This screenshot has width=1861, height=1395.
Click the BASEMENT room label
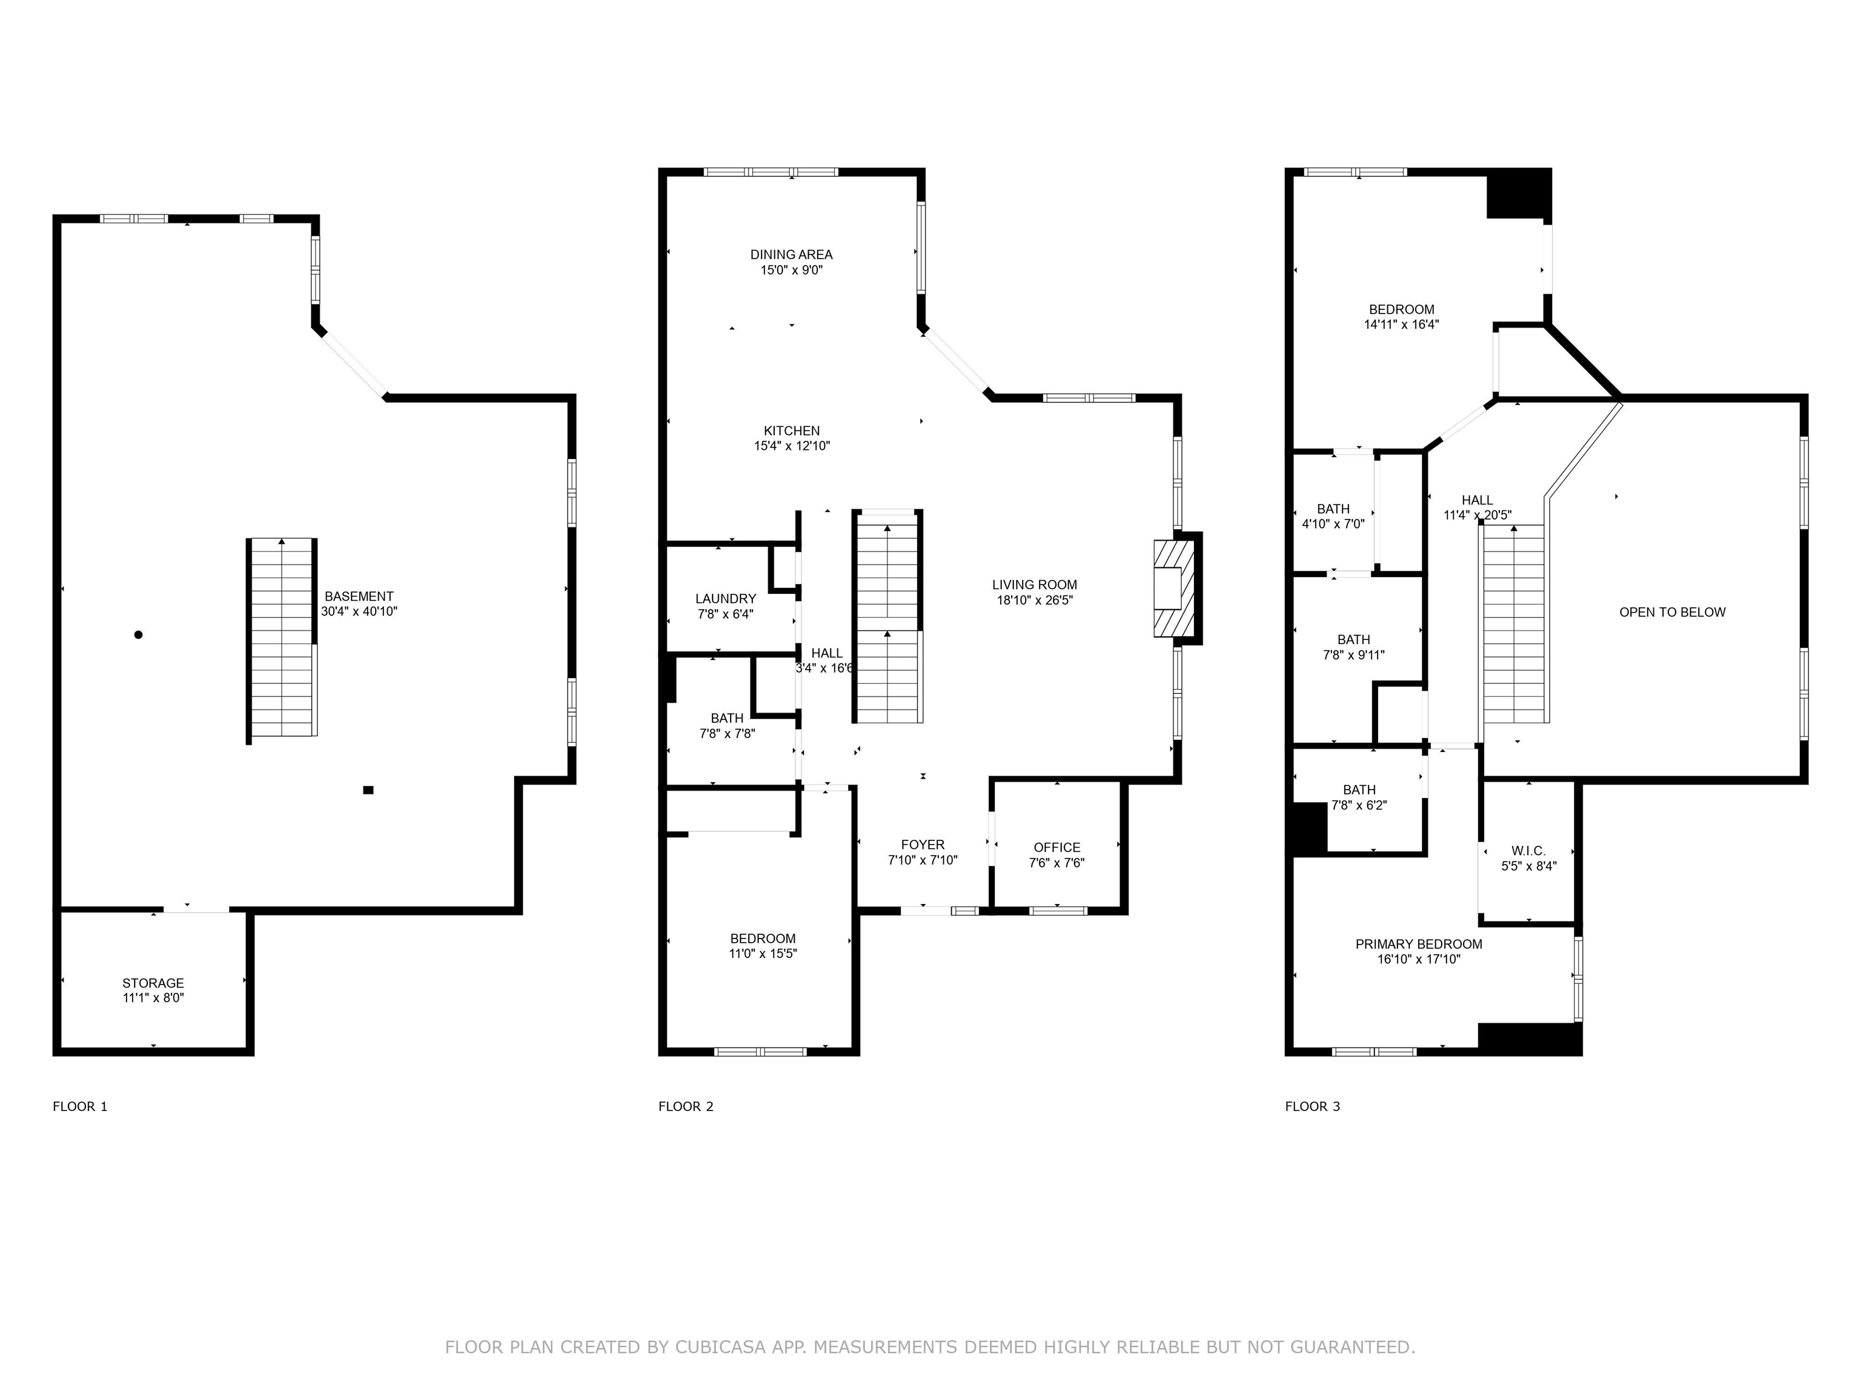pyautogui.click(x=359, y=596)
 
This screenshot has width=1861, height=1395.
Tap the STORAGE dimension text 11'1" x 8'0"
pyautogui.click(x=153, y=998)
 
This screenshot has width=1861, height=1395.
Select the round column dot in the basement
pyautogui.click(x=138, y=635)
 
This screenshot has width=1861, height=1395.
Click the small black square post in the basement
pyautogui.click(x=368, y=790)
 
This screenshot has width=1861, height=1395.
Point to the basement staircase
pyautogui.click(x=282, y=641)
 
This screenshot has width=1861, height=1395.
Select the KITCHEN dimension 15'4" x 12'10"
pyautogui.click(x=792, y=446)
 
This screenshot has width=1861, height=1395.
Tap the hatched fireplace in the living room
pyautogui.click(x=1175, y=588)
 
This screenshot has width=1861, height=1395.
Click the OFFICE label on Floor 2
pyautogui.click(x=1057, y=848)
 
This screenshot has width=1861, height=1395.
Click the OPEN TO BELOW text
pyautogui.click(x=1673, y=612)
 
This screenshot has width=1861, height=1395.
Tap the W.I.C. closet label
pyautogui.click(x=1528, y=851)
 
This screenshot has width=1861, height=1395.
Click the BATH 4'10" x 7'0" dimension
pyautogui.click(x=1333, y=524)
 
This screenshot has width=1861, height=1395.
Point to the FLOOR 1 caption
pyautogui.click(x=80, y=1107)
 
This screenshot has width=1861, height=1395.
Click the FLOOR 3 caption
pyautogui.click(x=1313, y=1107)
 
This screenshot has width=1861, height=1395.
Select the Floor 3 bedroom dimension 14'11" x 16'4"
pyautogui.click(x=1402, y=325)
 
